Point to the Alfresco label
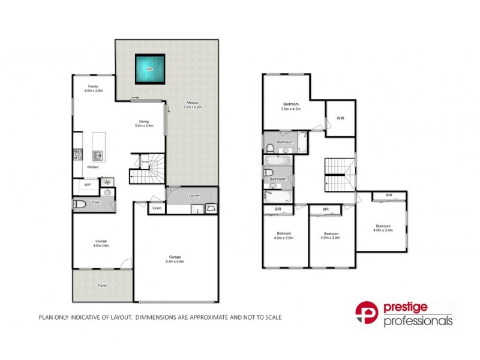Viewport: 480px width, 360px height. click(193, 104)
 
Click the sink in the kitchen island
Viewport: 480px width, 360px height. click(99, 155)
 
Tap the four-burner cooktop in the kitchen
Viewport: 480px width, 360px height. click(77, 154)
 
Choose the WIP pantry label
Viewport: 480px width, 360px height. click(87, 185)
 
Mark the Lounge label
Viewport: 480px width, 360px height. click(100, 242)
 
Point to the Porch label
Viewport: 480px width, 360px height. click(103, 285)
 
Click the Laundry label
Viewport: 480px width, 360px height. click(194, 196)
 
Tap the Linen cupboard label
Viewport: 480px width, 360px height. click(157, 208)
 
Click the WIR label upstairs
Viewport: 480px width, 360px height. click(340, 118)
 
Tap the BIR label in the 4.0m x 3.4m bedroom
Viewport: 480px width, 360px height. click(389, 196)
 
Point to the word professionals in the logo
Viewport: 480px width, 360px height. click(418, 322)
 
